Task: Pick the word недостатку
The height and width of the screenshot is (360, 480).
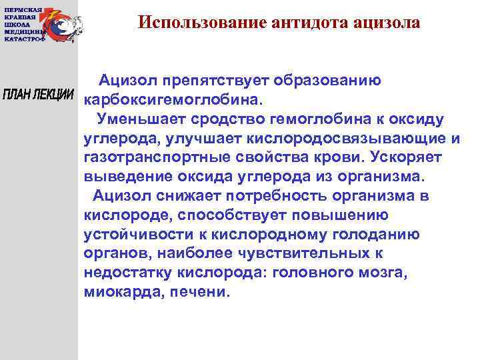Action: [128, 274]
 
